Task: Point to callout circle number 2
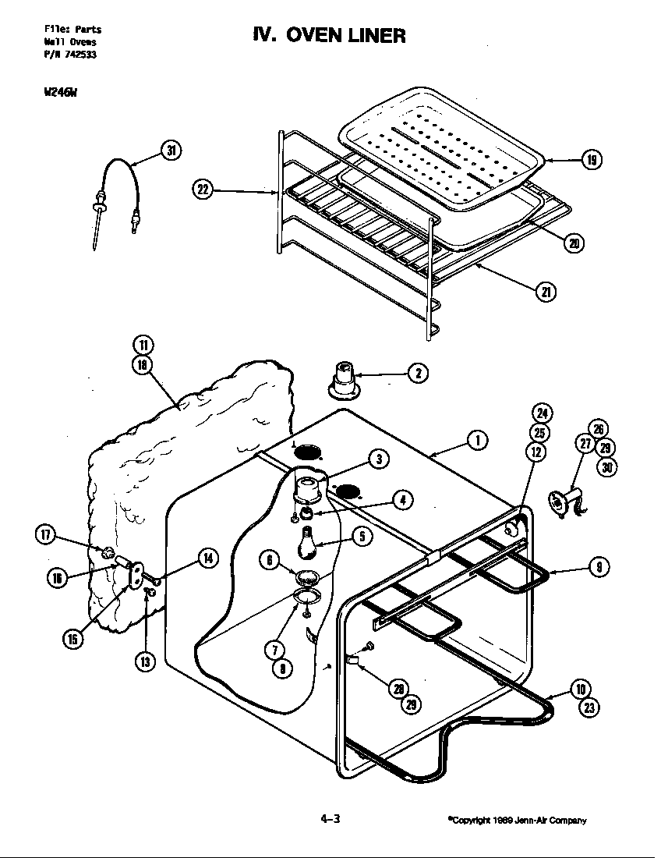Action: click(x=417, y=374)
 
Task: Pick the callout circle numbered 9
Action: click(x=598, y=568)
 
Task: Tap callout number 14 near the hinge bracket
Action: click(x=207, y=558)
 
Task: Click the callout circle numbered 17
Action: click(x=46, y=534)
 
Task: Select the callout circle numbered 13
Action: click(x=145, y=661)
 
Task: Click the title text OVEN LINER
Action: click(x=327, y=35)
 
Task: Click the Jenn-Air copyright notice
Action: click(x=516, y=820)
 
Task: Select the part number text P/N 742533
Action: click(x=69, y=54)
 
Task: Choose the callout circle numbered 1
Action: click(x=478, y=441)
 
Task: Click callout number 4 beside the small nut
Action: click(x=402, y=500)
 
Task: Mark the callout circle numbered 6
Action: click(x=270, y=559)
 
